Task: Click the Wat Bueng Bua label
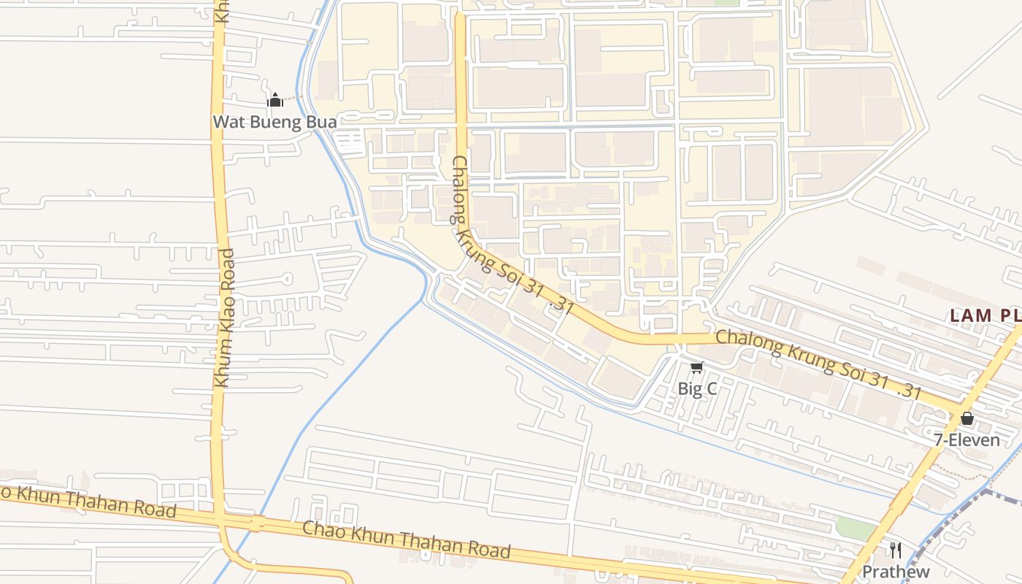(274, 121)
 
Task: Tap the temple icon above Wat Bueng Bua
(275, 100)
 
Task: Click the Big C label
(697, 388)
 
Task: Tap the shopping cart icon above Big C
(697, 367)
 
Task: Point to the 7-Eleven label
(967, 439)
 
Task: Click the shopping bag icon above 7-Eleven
(967, 418)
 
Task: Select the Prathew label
(896, 571)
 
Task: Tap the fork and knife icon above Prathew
(896, 550)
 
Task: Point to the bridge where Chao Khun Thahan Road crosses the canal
(256, 523)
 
